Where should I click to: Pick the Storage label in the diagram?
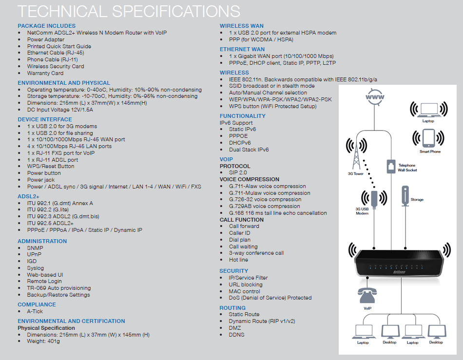tap(417, 200)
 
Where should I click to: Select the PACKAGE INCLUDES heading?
tap(47, 26)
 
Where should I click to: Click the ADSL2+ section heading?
tap(29, 197)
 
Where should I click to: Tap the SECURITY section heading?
tap(234, 271)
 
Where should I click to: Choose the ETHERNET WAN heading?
tap(242, 49)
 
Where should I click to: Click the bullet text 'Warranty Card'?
tap(45, 73)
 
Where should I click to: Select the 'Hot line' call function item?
tap(238, 260)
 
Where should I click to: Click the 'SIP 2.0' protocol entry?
tap(238, 173)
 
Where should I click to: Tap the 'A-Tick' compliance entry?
tap(35, 311)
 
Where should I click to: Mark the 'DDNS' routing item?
tap(237, 335)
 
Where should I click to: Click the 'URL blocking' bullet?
tap(246, 284)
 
